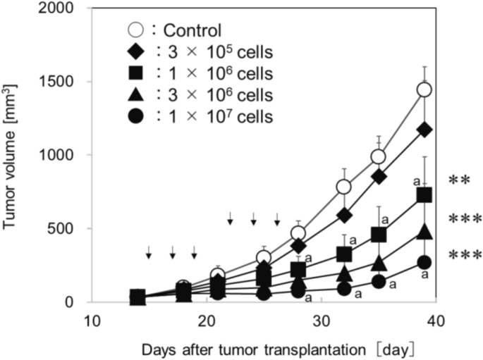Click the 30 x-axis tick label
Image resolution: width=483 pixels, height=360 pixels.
[321, 321]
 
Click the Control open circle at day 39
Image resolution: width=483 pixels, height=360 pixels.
[424, 89]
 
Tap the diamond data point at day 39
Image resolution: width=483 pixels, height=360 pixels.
[424, 130]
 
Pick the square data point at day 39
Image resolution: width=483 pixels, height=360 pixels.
[424, 195]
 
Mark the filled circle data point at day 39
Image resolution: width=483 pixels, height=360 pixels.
[424, 262]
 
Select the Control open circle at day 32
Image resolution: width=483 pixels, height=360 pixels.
[344, 187]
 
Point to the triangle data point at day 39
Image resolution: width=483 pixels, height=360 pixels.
[424, 231]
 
